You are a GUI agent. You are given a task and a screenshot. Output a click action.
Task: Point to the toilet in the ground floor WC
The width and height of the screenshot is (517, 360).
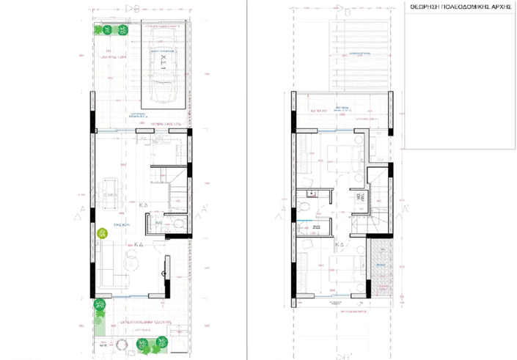[177, 224]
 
